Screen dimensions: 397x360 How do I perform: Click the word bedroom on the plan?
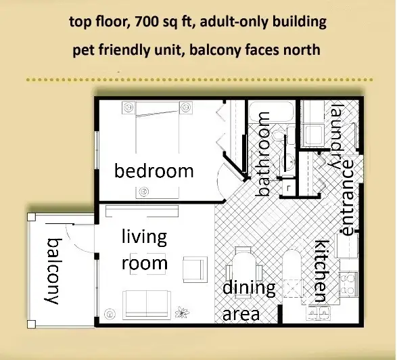(154, 171)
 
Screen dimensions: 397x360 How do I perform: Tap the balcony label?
(53, 271)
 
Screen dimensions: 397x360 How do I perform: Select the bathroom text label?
(262, 154)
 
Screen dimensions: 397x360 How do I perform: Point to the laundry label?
(337, 136)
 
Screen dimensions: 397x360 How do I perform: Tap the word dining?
(249, 289)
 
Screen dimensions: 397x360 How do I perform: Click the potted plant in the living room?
(182, 312)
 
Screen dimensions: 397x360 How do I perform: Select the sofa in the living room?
(147, 305)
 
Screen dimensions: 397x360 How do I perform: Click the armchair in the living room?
(195, 269)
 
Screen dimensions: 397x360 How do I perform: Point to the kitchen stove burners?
(348, 284)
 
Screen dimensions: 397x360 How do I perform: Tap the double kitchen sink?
(319, 313)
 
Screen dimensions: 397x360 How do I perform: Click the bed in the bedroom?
(157, 127)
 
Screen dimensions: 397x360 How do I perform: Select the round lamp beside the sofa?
(110, 314)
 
